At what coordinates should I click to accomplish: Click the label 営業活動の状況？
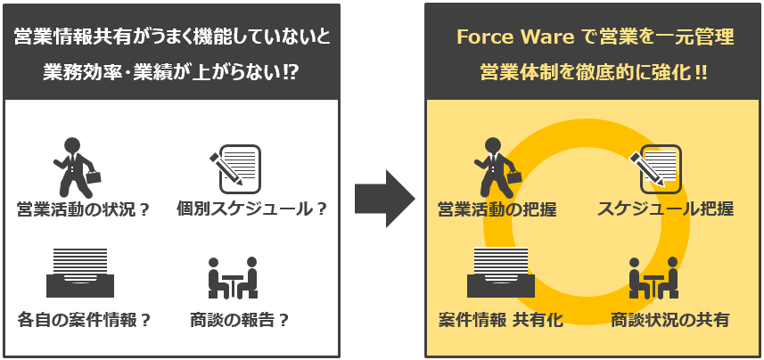[x=84, y=209]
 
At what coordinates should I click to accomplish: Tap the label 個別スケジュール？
[x=251, y=209]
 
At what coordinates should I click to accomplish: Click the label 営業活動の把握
[x=497, y=209]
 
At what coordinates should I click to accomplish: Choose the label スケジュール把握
[x=665, y=209]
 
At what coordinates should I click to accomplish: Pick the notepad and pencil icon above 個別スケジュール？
[x=236, y=168]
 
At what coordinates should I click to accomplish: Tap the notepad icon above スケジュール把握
[x=657, y=168]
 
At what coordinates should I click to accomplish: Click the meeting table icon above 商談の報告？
[x=233, y=278]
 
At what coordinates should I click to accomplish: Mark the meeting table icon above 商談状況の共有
[x=653, y=278]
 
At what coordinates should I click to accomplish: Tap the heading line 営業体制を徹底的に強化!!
[x=594, y=72]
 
